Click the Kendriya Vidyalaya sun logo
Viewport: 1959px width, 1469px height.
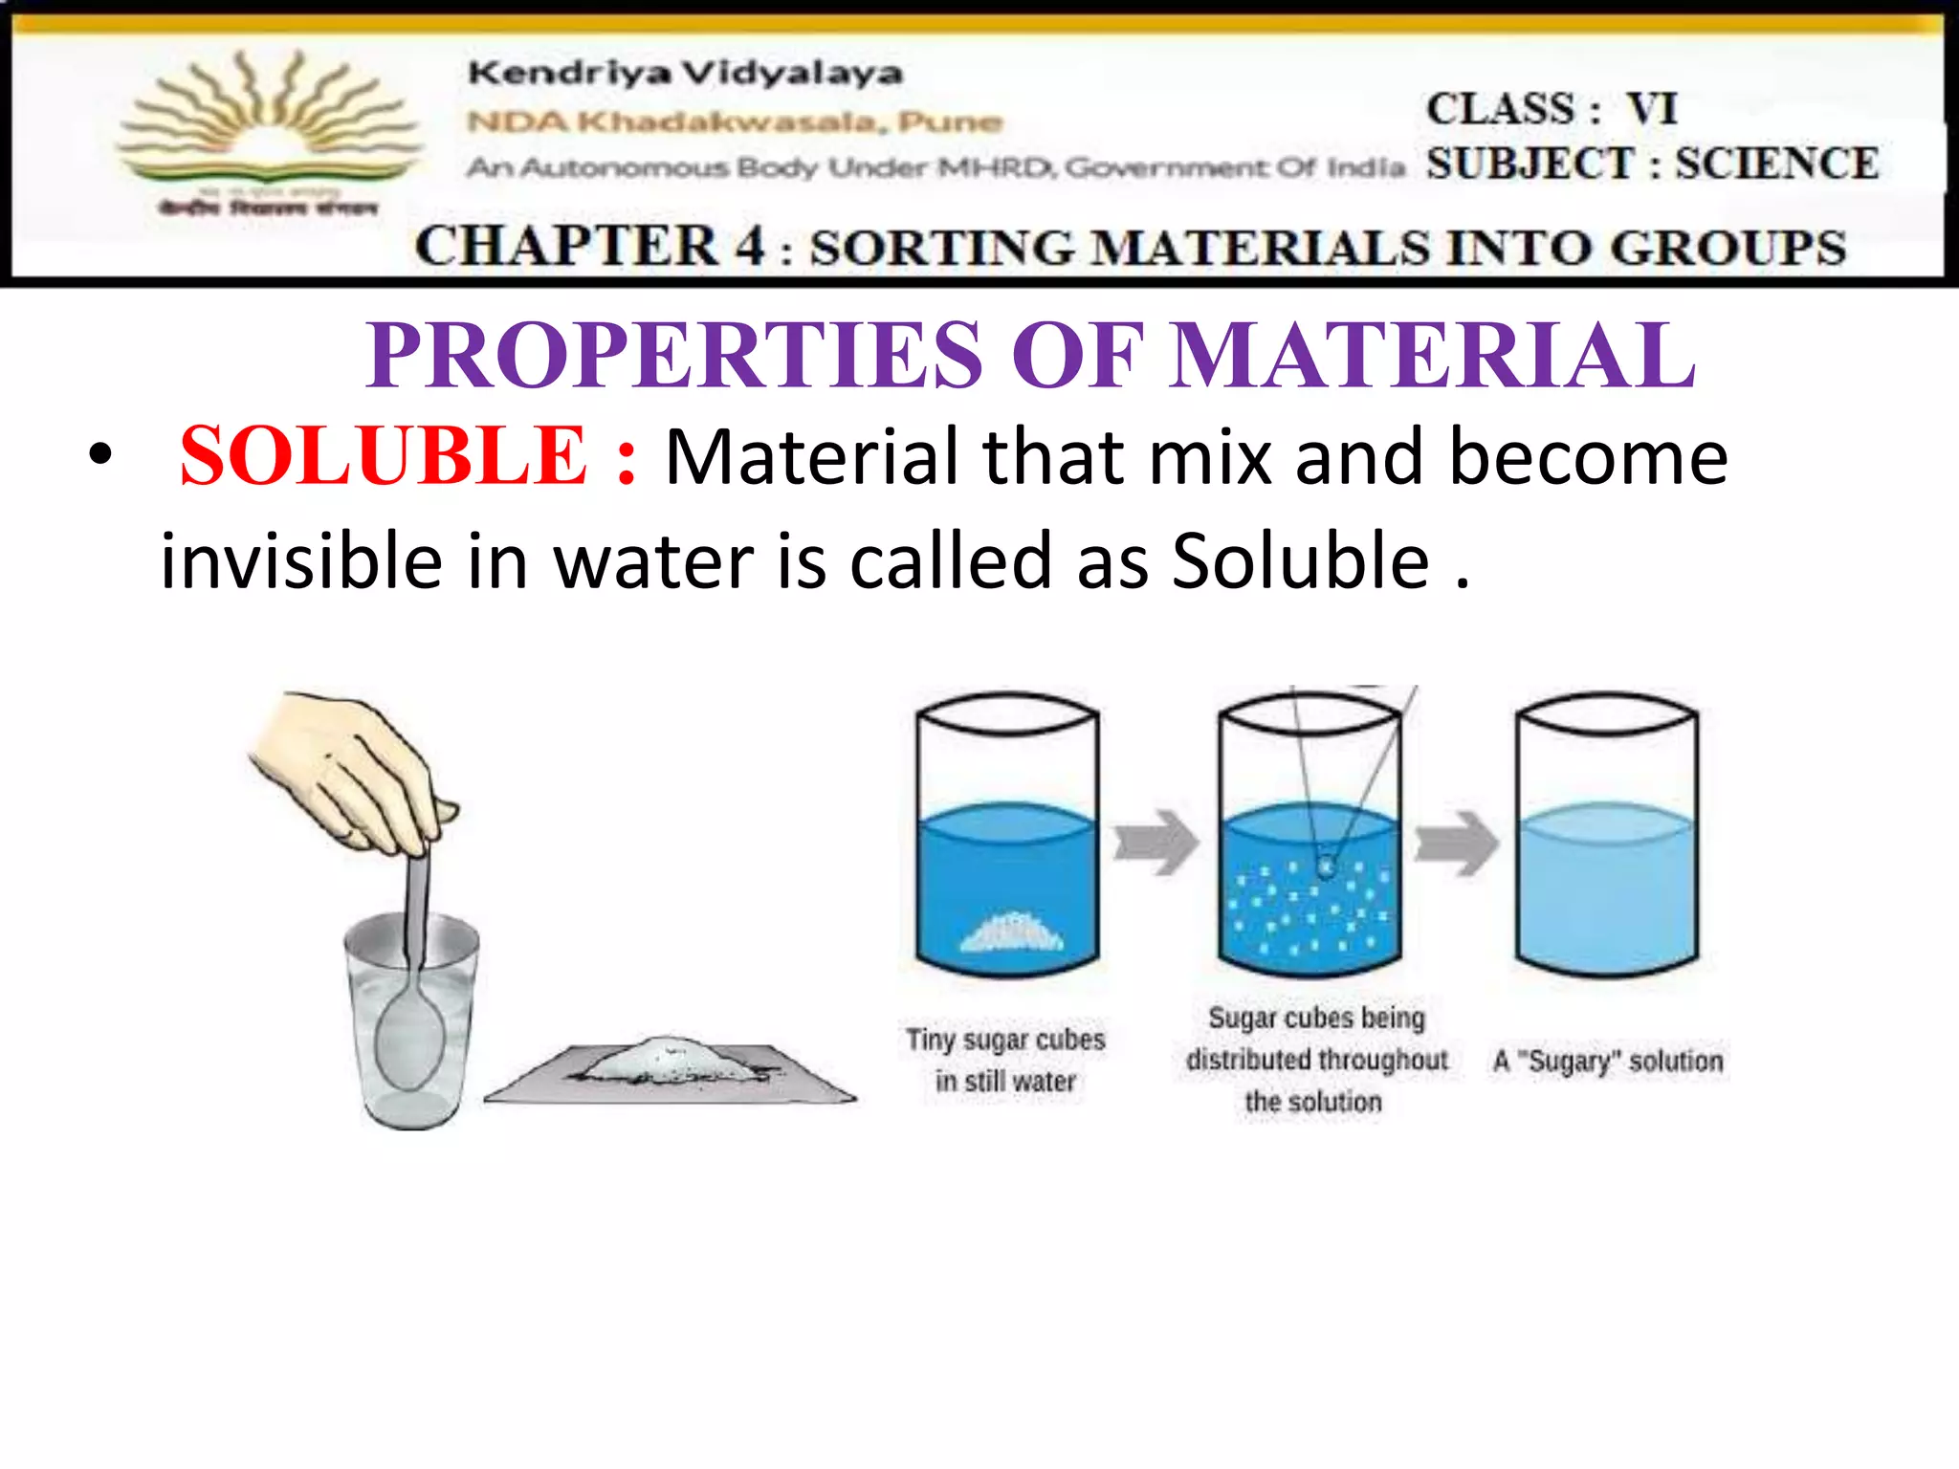268,124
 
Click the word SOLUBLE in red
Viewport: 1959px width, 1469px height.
383,457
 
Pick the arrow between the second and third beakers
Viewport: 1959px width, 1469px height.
1457,842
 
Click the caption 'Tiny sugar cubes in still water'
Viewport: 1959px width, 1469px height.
1005,1060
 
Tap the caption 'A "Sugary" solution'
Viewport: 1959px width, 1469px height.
1608,1061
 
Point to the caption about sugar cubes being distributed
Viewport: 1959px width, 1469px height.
1316,1060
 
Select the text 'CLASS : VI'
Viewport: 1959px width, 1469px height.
1552,109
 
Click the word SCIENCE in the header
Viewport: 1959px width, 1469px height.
1776,164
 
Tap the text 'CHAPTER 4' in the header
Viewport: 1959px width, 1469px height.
589,247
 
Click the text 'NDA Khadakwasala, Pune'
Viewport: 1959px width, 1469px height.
735,122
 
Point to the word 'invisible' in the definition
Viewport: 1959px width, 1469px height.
300,561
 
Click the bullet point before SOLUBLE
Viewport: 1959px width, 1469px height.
99,455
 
